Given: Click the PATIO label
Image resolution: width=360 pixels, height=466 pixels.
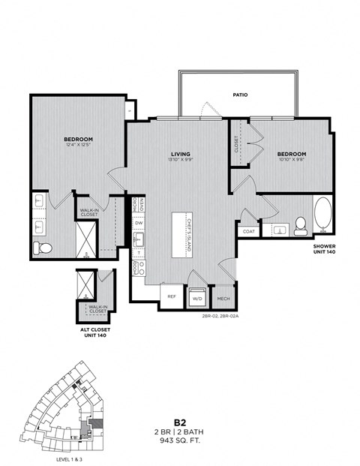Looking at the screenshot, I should (240, 95).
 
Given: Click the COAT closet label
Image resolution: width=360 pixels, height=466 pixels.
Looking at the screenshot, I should (249, 231).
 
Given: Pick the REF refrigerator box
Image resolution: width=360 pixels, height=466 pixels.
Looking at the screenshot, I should (171, 296).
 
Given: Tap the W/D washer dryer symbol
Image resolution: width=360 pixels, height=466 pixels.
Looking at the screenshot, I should (198, 297).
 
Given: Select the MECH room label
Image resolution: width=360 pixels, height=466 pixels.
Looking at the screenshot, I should (223, 298).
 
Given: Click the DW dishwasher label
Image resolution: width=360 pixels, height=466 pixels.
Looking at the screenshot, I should (139, 222).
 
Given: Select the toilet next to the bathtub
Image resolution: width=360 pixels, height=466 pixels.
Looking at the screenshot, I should (301, 224).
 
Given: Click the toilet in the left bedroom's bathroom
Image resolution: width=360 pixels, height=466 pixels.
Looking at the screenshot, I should (42, 248).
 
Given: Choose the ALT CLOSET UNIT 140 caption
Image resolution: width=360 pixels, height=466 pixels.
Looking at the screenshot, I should (94, 332).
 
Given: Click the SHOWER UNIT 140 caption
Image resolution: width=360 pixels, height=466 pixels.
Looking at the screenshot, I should (324, 250).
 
